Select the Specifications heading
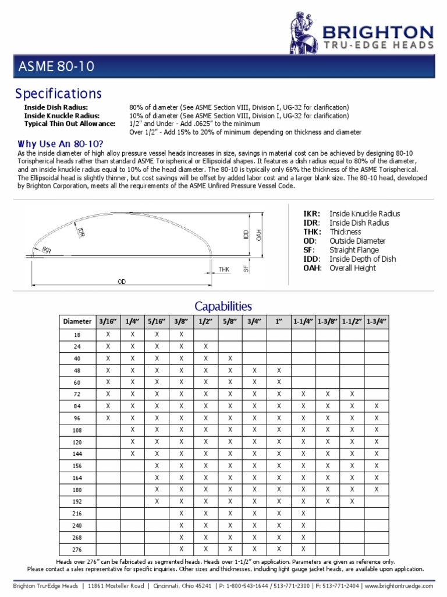point(58,94)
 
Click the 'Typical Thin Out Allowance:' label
point(70,124)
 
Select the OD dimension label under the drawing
point(122,282)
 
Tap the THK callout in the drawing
point(224,269)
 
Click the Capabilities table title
point(223,306)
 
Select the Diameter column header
point(77,321)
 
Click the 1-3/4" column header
point(377,321)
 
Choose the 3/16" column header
point(108,321)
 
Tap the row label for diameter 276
point(77,549)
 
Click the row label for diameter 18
point(77,335)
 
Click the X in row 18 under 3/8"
point(181,335)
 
